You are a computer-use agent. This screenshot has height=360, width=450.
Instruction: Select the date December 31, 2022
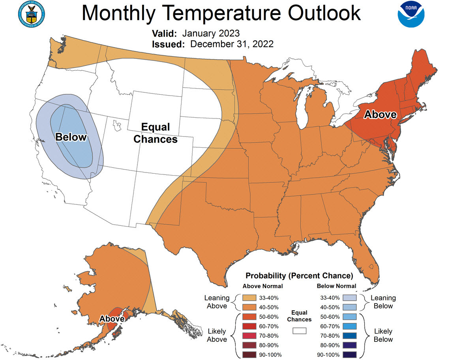click(x=232, y=44)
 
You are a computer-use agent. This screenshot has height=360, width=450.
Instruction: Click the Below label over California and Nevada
click(x=71, y=137)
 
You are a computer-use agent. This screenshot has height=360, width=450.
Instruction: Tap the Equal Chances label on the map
click(x=155, y=133)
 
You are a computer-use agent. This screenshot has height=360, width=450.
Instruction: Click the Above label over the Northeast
click(x=380, y=114)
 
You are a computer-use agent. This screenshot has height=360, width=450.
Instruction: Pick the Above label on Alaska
click(x=112, y=318)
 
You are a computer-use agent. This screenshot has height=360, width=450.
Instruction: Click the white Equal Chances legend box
click(x=299, y=331)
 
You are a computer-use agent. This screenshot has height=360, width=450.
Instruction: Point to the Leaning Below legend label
click(x=383, y=302)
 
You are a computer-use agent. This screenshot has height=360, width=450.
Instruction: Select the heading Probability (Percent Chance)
click(x=299, y=275)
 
